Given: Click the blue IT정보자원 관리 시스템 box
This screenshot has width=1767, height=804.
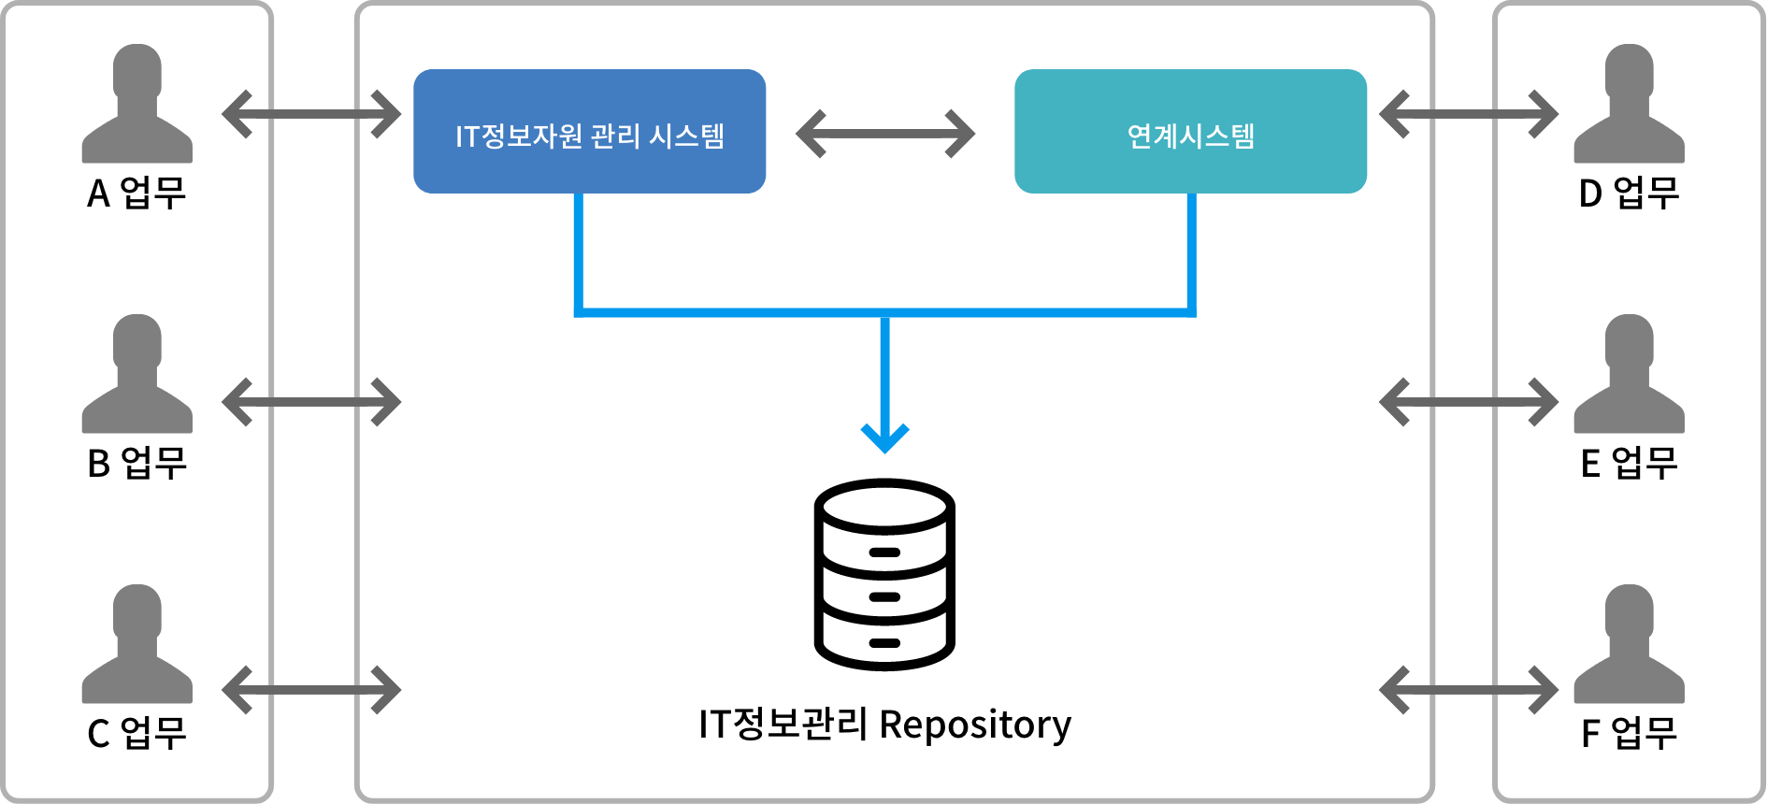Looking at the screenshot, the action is pyautogui.click(x=589, y=131).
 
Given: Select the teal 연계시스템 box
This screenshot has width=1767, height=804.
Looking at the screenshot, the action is pyautogui.click(x=1190, y=131).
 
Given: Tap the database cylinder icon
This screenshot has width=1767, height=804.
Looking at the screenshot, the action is pyautogui.click(x=884, y=574).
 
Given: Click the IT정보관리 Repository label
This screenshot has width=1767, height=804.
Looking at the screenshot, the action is pyautogui.click(x=884, y=725).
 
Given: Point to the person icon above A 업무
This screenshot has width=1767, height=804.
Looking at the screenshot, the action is pyautogui.click(x=137, y=104).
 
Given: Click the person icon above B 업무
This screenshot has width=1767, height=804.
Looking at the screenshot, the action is pyautogui.click(x=137, y=374).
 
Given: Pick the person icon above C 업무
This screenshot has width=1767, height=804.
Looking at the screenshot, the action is pyautogui.click(x=137, y=644).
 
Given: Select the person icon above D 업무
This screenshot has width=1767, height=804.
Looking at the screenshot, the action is pyautogui.click(x=1630, y=104).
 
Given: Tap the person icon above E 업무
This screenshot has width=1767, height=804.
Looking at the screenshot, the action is pyautogui.click(x=1630, y=374).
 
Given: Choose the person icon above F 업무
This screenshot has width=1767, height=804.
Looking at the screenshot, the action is pyautogui.click(x=1630, y=644).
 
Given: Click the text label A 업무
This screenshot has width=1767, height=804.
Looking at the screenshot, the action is pyautogui.click(x=137, y=193).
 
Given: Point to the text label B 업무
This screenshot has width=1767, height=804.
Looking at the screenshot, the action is pyautogui.click(x=137, y=463).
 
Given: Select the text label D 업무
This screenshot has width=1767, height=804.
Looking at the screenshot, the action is pyautogui.click(x=1630, y=193).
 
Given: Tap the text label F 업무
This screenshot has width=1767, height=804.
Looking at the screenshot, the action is pyautogui.click(x=1630, y=733).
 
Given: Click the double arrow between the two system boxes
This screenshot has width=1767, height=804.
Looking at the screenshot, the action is pyautogui.click(x=885, y=134).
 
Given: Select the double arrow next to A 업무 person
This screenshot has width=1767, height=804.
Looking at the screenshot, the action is pyautogui.click(x=311, y=114).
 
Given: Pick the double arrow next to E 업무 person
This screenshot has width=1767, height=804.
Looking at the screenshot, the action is pyautogui.click(x=1469, y=402).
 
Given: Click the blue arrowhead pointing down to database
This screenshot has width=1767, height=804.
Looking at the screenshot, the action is pyautogui.click(x=884, y=438).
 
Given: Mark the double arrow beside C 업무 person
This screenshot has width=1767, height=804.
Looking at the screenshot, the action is pyautogui.click(x=311, y=690).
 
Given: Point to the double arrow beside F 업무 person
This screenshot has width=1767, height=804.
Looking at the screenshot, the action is pyautogui.click(x=1469, y=690).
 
